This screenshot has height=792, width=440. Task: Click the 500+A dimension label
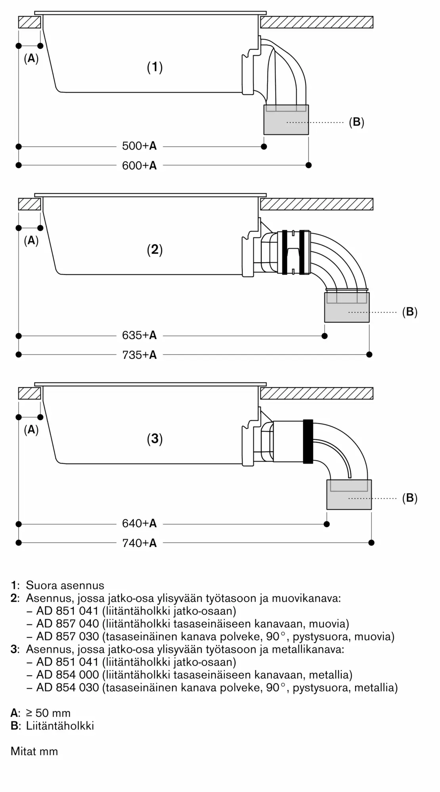(x=139, y=146)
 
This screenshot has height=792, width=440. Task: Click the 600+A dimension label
(x=139, y=166)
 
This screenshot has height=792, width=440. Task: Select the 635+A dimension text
(x=139, y=335)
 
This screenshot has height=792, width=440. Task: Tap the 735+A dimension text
(x=139, y=355)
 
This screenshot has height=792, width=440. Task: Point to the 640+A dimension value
(x=139, y=524)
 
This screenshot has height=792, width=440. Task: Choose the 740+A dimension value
(x=139, y=543)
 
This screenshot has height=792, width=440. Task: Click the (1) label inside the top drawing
(x=155, y=67)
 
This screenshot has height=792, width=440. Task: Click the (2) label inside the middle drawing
(x=155, y=249)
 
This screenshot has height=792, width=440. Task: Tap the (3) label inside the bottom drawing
(x=155, y=439)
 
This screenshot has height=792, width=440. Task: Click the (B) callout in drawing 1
(x=356, y=122)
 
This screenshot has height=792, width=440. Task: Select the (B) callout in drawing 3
(x=409, y=498)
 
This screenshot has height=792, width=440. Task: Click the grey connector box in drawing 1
(x=286, y=120)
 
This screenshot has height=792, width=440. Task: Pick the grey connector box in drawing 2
(x=347, y=307)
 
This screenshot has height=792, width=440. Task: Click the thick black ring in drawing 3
(x=308, y=441)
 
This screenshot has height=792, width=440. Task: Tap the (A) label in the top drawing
(x=31, y=59)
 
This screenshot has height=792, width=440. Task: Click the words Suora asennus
(x=65, y=585)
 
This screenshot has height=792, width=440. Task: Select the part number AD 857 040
(x=67, y=624)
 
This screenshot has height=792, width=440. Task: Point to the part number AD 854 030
(x=67, y=687)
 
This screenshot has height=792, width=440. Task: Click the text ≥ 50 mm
(x=48, y=713)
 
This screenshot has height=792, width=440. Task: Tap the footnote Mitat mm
(x=34, y=751)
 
